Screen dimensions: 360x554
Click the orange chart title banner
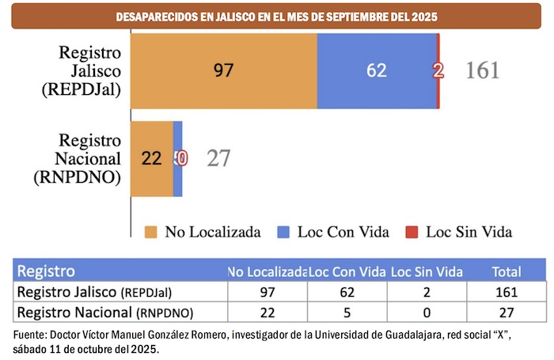277,17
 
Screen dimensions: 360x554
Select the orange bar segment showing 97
224,70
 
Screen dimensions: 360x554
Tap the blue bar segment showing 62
376,70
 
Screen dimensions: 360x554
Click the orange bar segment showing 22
151,158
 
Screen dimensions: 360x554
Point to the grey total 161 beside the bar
482,70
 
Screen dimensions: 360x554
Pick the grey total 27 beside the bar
218,158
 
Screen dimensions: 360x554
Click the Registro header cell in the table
47,271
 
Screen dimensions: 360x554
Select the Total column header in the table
507,271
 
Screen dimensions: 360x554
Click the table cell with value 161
507,291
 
